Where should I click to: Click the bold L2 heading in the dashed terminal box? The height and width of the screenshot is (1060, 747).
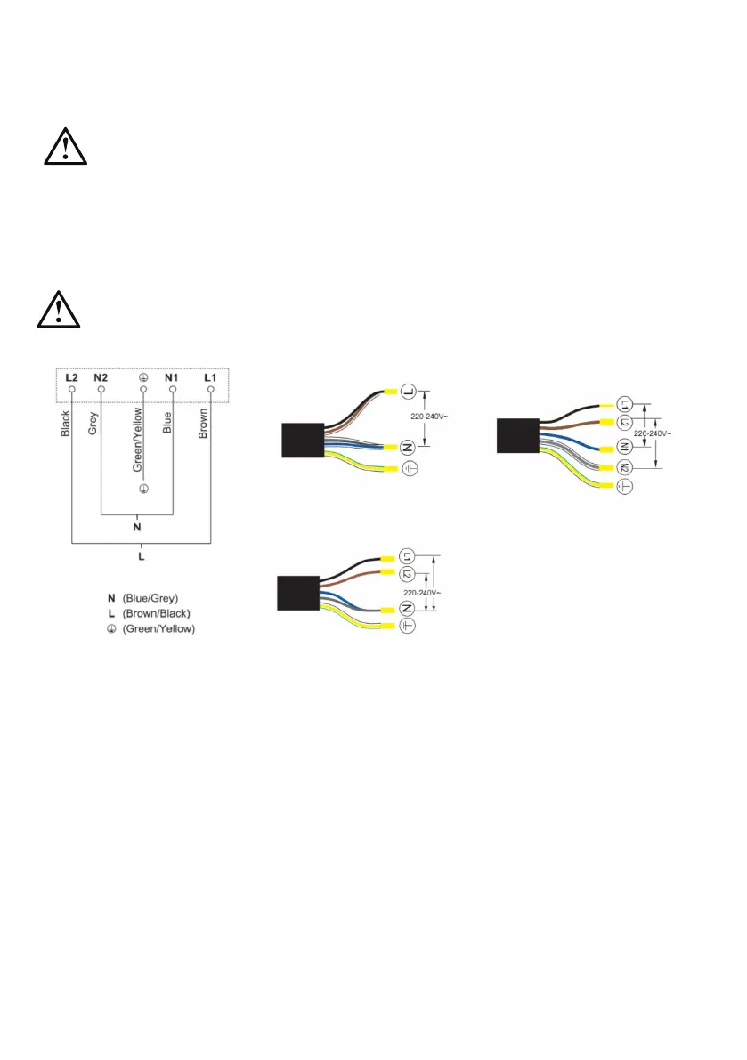(72, 377)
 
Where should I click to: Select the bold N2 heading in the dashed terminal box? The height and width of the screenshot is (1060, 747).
(101, 377)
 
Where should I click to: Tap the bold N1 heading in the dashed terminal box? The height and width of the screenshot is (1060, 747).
(172, 377)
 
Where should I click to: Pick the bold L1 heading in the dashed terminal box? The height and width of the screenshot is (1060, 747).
(210, 377)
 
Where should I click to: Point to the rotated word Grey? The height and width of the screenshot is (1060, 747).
(93, 421)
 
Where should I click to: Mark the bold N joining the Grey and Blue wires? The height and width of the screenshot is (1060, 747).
(136, 527)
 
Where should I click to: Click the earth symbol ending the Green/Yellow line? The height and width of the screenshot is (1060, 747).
(142, 490)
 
